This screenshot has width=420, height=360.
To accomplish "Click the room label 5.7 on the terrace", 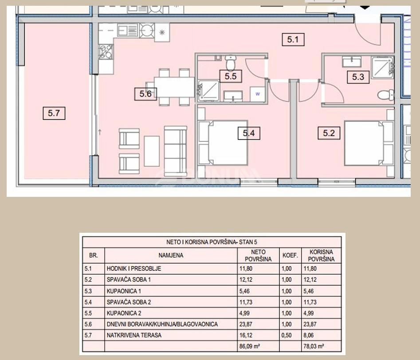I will point(54,113).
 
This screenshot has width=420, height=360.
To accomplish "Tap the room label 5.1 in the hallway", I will point(293,40).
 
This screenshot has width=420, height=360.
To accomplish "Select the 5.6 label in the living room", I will point(145,94).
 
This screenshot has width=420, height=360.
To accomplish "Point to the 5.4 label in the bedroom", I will point(248,133).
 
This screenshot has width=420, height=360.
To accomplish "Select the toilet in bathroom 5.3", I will point(385,94).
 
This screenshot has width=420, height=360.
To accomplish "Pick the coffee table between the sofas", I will point(152,151).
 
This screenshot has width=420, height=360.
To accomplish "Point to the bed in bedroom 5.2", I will point(368,143).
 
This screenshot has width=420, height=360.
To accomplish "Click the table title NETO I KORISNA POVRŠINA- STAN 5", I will point(212,242).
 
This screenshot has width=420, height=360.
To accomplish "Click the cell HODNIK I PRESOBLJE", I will point(133,269).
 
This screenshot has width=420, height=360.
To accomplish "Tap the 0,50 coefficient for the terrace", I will point(287,336).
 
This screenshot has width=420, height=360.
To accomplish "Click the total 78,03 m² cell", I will point(315,347).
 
